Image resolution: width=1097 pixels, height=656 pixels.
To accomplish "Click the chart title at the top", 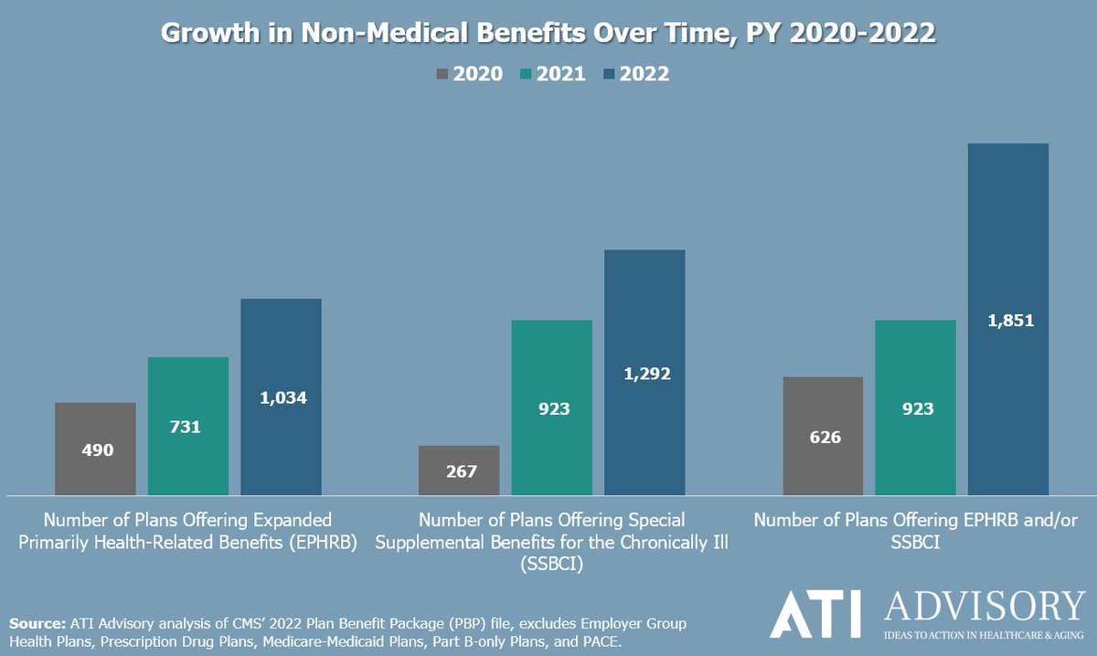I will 548,33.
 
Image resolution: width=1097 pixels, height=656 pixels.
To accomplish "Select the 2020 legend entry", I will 470,74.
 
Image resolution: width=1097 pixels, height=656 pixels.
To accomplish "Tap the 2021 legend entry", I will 552,74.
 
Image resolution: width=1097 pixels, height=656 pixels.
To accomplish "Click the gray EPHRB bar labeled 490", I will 95,449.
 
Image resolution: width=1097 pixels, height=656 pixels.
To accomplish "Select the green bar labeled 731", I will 188,426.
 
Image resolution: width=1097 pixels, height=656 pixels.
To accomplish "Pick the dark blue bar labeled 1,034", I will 281,397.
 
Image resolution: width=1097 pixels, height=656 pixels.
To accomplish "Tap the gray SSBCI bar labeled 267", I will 459,471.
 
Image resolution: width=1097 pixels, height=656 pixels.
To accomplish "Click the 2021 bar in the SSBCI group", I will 552,407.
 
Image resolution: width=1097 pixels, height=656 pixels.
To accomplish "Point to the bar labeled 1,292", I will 644,372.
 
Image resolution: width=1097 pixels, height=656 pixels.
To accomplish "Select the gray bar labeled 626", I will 823,436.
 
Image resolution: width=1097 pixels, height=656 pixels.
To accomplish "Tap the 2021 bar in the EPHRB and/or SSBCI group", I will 915,407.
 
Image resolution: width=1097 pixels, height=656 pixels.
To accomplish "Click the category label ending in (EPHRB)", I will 188,531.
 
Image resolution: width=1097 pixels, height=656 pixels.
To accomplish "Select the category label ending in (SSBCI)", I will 552,542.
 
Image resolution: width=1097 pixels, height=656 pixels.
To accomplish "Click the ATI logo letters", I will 817,613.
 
